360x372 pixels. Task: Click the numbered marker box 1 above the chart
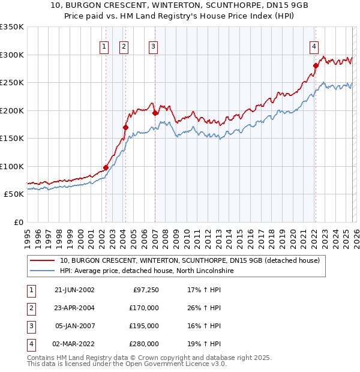(x=104, y=46)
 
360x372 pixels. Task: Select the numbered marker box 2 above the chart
(x=124, y=46)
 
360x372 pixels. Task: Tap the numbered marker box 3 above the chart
(x=153, y=46)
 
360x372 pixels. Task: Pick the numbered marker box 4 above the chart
(x=314, y=46)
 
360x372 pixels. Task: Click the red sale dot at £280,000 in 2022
(x=316, y=66)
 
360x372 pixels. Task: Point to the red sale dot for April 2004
(x=125, y=127)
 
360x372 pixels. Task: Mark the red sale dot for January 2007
(x=155, y=113)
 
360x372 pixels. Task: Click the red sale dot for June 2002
(x=106, y=168)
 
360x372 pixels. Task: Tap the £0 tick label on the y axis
(x=18, y=222)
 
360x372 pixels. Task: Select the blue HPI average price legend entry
(x=146, y=271)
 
